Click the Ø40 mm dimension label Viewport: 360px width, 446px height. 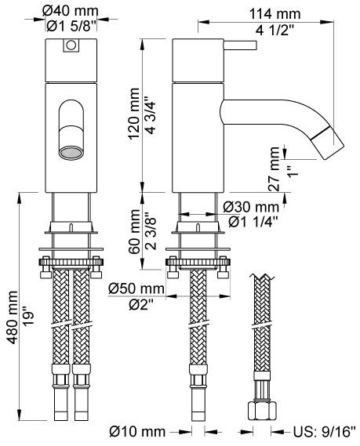71,12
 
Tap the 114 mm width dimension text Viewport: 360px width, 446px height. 275,14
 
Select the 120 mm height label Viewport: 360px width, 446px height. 134,114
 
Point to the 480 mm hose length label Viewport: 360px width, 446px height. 13,317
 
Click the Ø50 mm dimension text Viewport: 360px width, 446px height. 136,289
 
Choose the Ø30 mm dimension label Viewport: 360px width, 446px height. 251,207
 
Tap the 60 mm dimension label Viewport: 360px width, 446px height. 134,232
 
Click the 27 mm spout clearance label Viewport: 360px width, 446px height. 274,169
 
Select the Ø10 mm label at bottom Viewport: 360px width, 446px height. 137,432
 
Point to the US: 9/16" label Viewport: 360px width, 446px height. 325,432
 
